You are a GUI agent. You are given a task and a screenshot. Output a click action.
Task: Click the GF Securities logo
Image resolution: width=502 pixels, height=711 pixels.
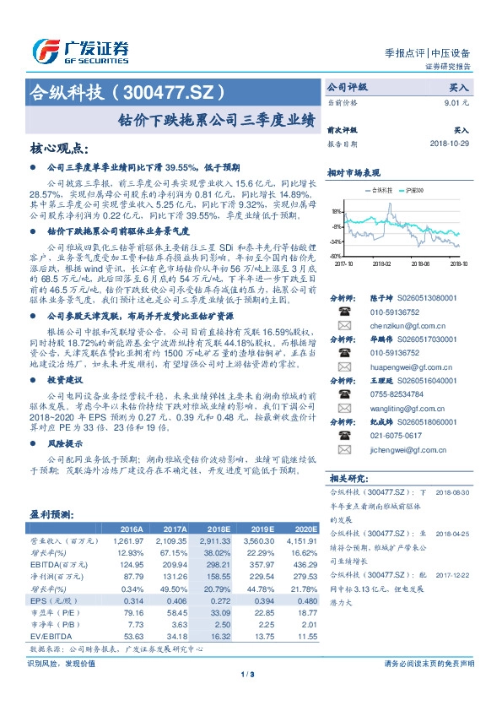pyautogui.click(x=79, y=51)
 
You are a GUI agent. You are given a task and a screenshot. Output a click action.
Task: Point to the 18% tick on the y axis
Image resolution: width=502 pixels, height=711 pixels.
pyautogui.click(x=337, y=212)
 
